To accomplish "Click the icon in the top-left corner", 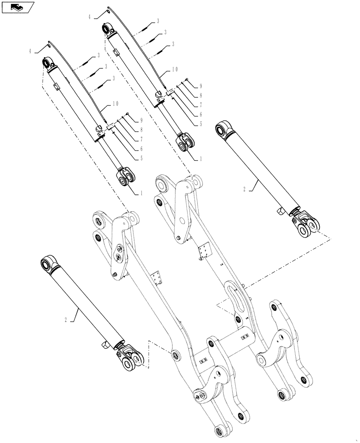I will click(x=17, y=7).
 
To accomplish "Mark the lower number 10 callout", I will click(x=115, y=104).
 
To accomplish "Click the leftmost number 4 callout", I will click(x=31, y=51).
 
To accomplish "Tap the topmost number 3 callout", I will click(x=158, y=21).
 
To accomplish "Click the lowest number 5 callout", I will click(x=141, y=158).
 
